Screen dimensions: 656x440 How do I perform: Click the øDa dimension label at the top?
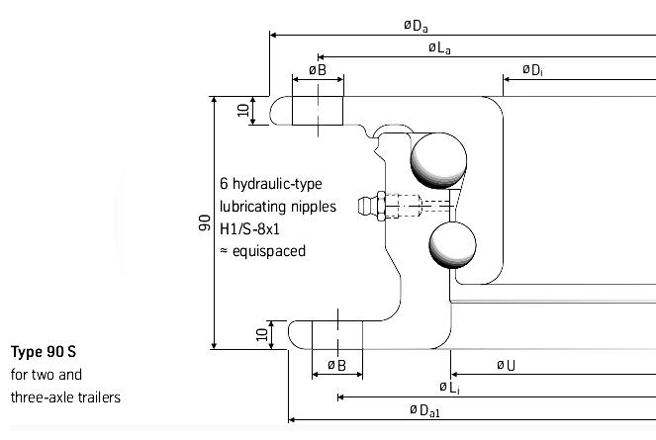[x=416, y=26]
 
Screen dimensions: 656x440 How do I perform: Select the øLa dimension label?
[x=439, y=48]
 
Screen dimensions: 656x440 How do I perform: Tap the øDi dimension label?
[x=532, y=70]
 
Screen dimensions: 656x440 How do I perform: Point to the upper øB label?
[x=318, y=70]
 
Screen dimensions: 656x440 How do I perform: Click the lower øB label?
[x=336, y=366]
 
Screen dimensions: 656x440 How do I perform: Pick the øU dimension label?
[x=506, y=366]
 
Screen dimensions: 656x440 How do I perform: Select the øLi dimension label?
[x=450, y=388]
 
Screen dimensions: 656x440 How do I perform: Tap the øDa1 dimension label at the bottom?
[x=424, y=410]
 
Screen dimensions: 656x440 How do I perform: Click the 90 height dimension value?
[x=205, y=222]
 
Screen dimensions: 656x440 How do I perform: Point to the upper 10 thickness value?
[x=243, y=111]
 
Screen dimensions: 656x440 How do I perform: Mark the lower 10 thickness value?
[x=261, y=334]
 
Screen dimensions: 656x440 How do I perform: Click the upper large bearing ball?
[x=438, y=160]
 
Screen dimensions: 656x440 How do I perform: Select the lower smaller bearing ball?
[x=453, y=245]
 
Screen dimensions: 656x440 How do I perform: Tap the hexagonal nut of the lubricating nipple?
[x=381, y=206]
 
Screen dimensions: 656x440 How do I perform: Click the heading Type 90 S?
[x=44, y=352]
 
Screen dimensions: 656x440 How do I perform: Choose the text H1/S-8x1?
[x=249, y=228]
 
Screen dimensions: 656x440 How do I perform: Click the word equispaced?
[x=269, y=252]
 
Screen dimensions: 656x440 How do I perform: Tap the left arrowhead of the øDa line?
[x=273, y=35]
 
